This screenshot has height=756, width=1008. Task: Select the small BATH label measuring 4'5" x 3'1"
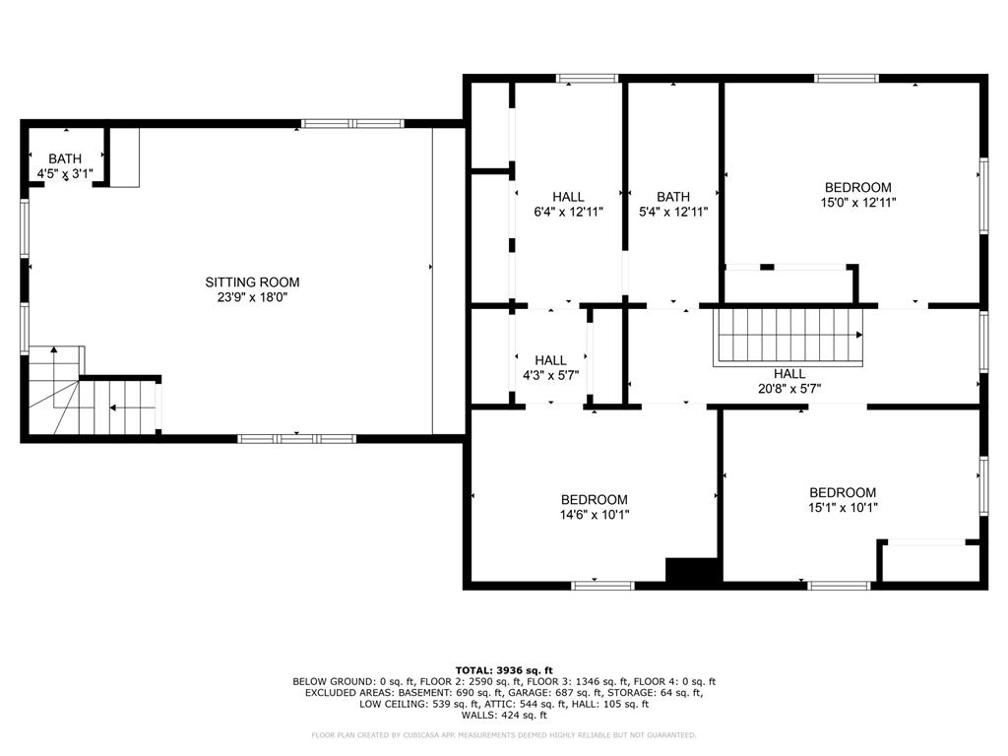pyautogui.click(x=65, y=158)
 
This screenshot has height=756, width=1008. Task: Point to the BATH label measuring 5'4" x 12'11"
pyautogui.click(x=673, y=197)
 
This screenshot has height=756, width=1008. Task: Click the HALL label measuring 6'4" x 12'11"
pyautogui.click(x=568, y=197)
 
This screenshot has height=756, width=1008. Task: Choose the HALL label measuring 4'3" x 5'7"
pyautogui.click(x=550, y=360)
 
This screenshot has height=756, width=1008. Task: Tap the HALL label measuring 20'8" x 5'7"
pyautogui.click(x=789, y=374)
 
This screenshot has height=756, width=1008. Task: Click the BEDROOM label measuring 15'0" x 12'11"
pyautogui.click(x=857, y=188)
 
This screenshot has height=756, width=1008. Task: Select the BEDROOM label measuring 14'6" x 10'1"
pyautogui.click(x=594, y=500)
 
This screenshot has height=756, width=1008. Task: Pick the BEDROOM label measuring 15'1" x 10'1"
pyautogui.click(x=843, y=493)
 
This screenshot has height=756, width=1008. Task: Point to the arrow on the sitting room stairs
pyautogui.click(x=119, y=408)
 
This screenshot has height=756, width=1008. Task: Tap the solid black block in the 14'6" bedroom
pyautogui.click(x=693, y=570)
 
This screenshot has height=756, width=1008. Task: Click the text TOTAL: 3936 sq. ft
pyautogui.click(x=503, y=669)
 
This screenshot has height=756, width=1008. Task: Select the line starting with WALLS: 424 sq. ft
pyautogui.click(x=503, y=716)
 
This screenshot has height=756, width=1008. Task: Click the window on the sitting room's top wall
pyautogui.click(x=352, y=124)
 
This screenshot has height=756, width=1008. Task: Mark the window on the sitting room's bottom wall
pyautogui.click(x=296, y=438)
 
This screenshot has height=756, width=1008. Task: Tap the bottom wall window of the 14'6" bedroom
pyautogui.click(x=602, y=586)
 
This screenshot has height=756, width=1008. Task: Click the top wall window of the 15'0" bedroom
pyautogui.click(x=847, y=78)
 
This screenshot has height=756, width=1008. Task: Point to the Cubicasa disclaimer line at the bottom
pyautogui.click(x=503, y=735)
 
